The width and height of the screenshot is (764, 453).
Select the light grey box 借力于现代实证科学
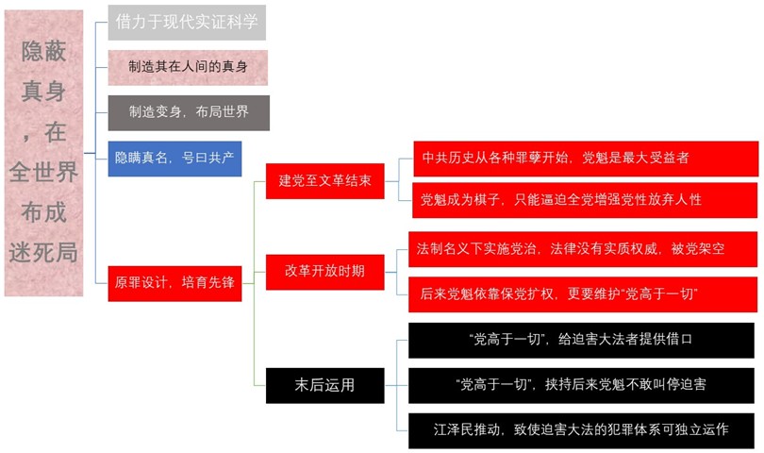pos(187,22)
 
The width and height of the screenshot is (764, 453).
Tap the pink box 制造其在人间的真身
pos(188,67)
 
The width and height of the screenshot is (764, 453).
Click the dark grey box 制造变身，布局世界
pos(188,112)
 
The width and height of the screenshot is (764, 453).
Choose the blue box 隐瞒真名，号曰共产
pos(174,158)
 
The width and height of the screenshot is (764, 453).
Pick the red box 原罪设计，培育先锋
pos(174,282)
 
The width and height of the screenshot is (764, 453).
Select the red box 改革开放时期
pos(324,271)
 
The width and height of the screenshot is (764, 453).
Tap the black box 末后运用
pos(324,384)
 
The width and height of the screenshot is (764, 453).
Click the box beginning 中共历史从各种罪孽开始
pos(585,158)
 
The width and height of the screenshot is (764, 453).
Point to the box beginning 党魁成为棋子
pos(585,199)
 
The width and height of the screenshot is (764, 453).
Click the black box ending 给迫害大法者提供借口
pos(581,340)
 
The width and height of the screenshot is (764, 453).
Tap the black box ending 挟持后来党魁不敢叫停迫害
pos(581,384)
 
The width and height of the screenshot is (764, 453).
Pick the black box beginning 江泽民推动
pos(581,429)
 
